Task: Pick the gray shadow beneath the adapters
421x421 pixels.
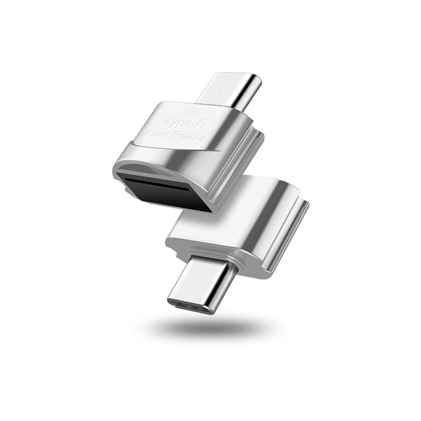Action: coord(210,327)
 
